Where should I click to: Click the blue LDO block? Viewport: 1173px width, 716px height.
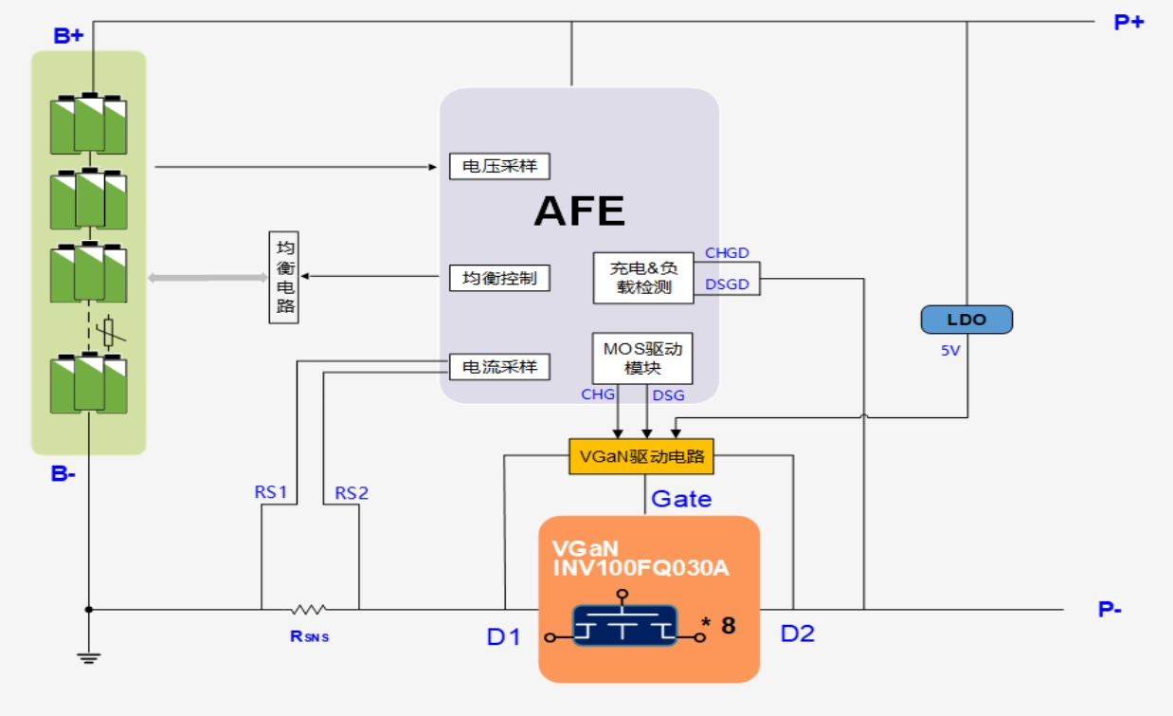966,320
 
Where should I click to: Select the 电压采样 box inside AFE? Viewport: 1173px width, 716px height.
499,166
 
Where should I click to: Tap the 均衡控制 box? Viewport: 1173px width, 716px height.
499,278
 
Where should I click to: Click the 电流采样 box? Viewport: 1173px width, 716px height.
499,366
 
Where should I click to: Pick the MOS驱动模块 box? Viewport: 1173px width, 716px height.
641,358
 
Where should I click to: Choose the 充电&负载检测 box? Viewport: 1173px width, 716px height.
643,278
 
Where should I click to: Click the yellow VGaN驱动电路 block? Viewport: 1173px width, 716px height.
641,456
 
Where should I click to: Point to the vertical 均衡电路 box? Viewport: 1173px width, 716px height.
284,277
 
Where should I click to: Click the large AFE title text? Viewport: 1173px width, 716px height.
579,211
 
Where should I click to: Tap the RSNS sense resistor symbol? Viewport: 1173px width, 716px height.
309,609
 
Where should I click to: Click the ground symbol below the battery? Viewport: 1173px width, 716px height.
89,657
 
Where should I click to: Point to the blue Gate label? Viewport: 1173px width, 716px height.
680,498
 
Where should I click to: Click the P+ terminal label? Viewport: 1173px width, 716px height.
1128,22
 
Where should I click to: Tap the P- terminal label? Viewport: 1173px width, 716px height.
1110,610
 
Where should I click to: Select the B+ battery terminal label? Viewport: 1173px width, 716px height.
68,36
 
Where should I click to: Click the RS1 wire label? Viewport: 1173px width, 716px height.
271,492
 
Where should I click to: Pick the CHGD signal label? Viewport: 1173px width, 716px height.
727,253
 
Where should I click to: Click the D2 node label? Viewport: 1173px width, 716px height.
797,634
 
